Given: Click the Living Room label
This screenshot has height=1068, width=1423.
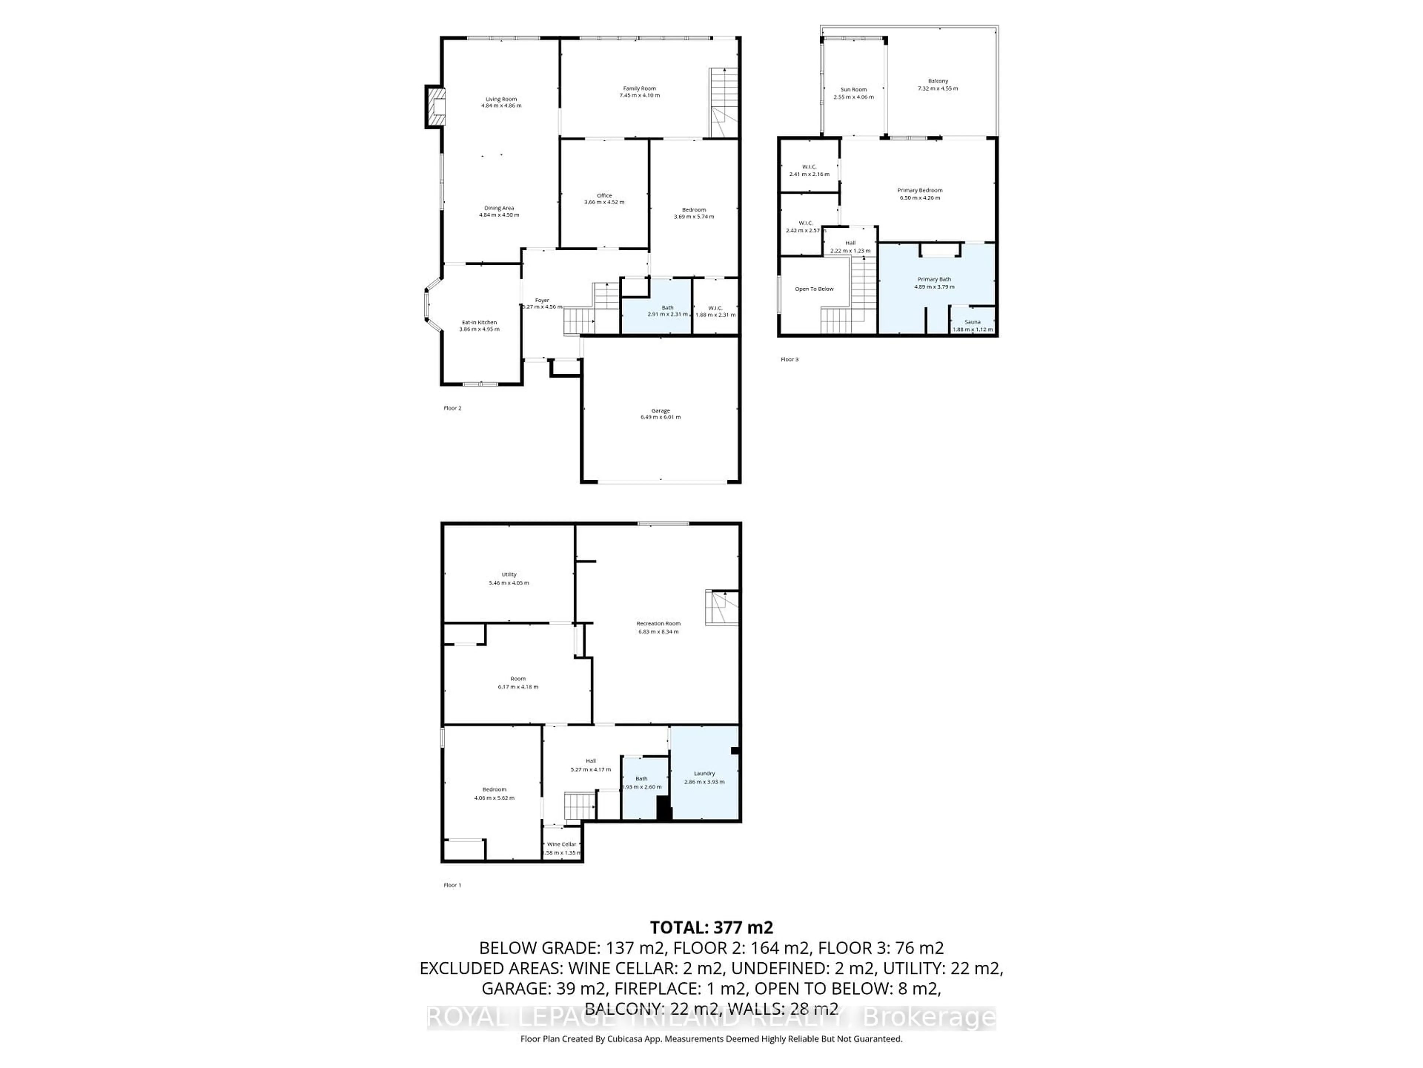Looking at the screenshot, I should [501, 99].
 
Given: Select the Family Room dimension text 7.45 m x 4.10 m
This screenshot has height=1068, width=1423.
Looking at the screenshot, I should [640, 95].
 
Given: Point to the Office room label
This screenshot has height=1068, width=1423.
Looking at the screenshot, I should [604, 195].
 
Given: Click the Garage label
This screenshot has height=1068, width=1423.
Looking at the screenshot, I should [660, 410].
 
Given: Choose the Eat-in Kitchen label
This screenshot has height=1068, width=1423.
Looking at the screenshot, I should [479, 322].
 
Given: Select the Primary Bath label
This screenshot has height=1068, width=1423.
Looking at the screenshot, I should [934, 279].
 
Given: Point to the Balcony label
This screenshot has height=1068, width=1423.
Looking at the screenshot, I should [938, 81].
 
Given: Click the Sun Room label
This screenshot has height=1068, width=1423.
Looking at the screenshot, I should [854, 89].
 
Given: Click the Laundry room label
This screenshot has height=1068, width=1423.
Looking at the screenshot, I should [704, 773].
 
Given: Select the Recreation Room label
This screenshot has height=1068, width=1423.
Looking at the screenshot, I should [658, 623].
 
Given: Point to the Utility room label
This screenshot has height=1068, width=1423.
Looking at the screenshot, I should [509, 574].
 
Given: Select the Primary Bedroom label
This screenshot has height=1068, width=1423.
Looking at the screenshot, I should [920, 190].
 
